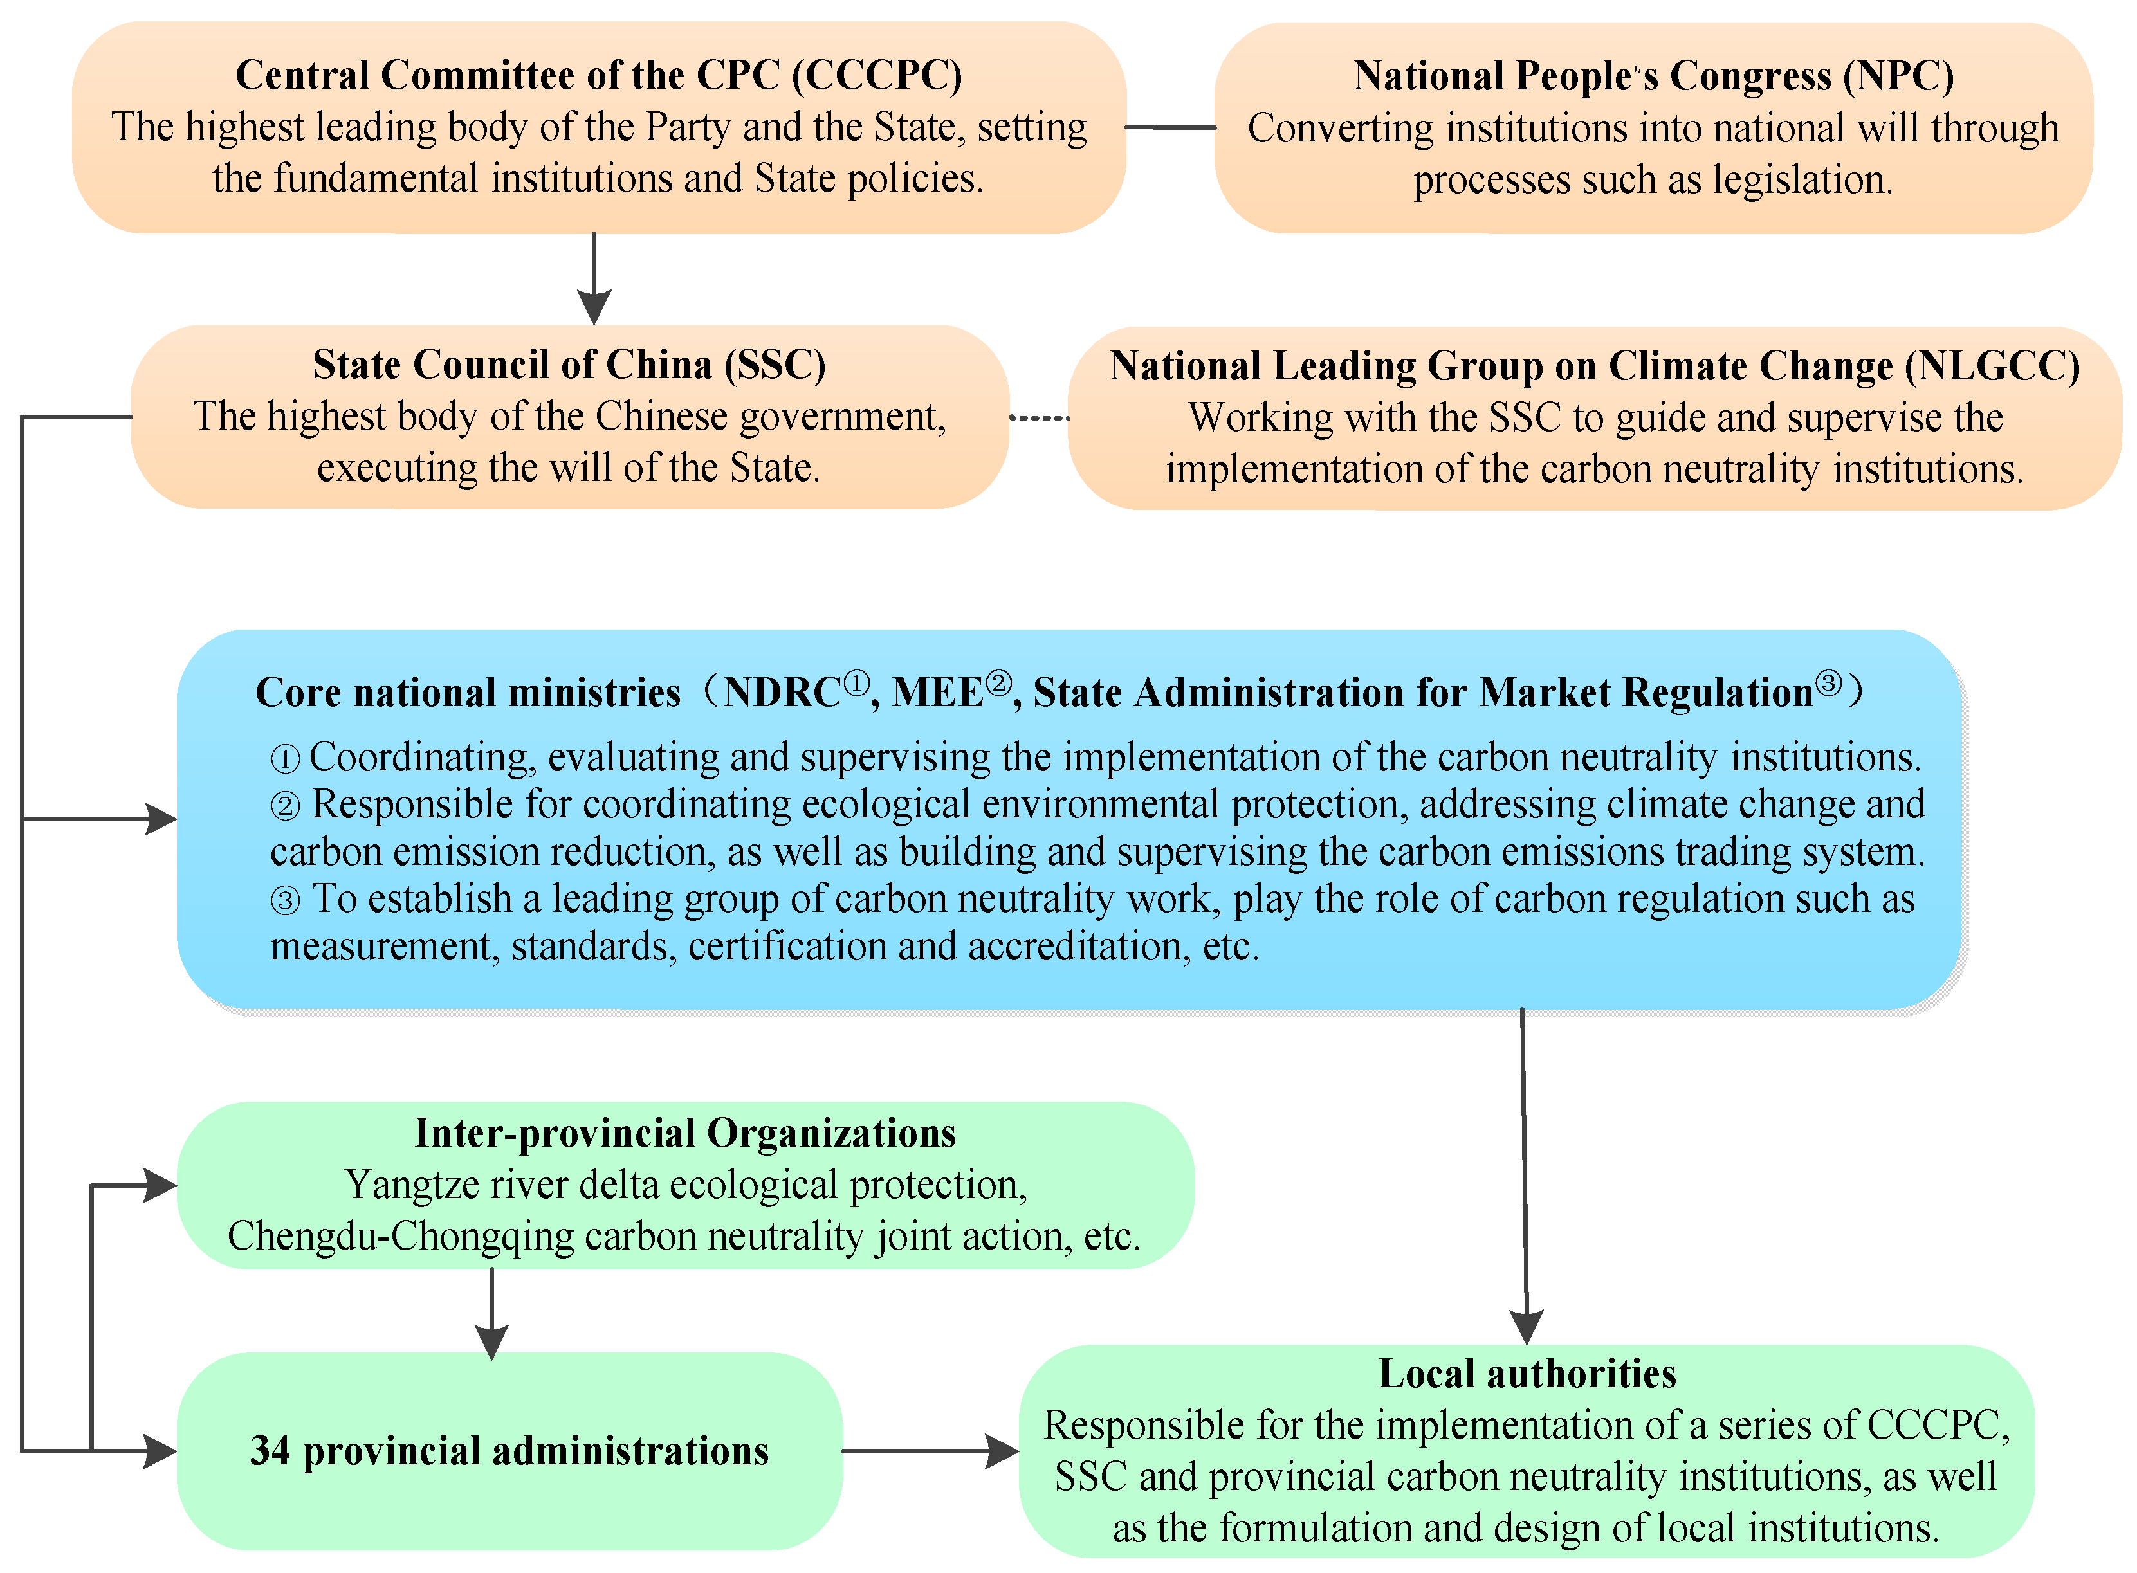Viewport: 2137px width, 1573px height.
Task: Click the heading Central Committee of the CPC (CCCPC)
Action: coord(598,75)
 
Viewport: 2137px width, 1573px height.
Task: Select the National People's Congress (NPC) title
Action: coord(1653,76)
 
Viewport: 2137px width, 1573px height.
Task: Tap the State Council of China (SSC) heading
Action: coord(569,365)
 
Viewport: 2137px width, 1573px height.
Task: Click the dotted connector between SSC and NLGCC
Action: coord(1039,418)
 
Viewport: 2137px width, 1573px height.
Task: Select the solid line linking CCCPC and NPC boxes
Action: coord(1169,127)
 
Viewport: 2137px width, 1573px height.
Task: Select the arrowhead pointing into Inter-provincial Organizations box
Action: coord(160,1185)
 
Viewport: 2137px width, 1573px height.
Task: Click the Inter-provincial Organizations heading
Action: coord(684,1133)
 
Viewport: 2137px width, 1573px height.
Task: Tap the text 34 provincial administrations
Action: coord(509,1451)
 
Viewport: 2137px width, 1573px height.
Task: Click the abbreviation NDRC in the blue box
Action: coord(782,692)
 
